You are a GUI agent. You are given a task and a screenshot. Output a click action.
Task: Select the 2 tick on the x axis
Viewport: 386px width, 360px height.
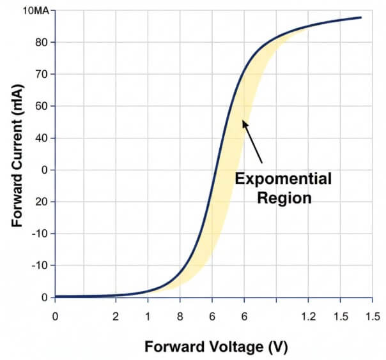(x=116, y=316)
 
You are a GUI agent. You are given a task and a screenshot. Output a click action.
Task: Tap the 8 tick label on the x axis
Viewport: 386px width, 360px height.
(x=180, y=316)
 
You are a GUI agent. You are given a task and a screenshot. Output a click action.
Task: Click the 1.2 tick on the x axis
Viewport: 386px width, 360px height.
(x=308, y=316)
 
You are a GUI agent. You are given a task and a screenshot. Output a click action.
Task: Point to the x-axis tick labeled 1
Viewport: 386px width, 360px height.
(x=148, y=316)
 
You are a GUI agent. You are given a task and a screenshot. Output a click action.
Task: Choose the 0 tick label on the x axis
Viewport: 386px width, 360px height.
(x=56, y=316)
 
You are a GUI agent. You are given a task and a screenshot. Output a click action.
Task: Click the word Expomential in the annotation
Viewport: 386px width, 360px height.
(x=283, y=179)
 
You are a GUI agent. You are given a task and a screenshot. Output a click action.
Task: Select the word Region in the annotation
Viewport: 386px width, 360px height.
(x=284, y=198)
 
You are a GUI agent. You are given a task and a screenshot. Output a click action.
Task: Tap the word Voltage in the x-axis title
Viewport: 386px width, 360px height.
(x=230, y=347)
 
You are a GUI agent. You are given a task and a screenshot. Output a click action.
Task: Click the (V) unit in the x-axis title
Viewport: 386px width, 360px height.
(x=279, y=347)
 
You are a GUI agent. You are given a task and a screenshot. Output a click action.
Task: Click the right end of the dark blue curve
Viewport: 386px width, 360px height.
(x=361, y=17)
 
